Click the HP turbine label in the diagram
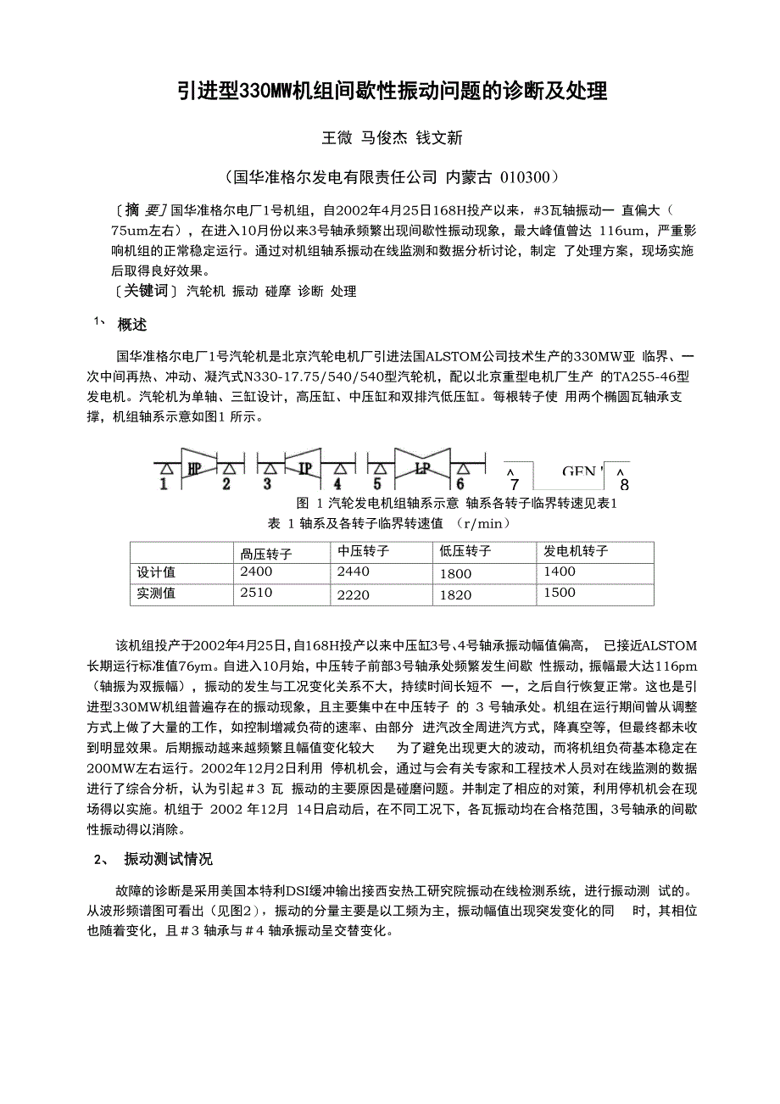pos(193,466)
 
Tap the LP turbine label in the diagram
pos(422,466)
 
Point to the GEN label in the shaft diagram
pos(581,471)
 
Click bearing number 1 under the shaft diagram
pos(164,484)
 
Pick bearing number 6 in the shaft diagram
pos(460,484)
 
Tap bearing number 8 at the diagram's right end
pos(625,485)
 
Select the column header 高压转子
pos(266,554)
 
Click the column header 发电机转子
pos(576,551)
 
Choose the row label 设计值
pos(156,572)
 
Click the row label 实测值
pos(156,594)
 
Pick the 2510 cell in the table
pos(257,593)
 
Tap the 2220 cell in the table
pos(354,594)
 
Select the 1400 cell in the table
pos(559,572)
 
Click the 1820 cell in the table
pos(455,594)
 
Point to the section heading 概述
pos(132,324)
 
